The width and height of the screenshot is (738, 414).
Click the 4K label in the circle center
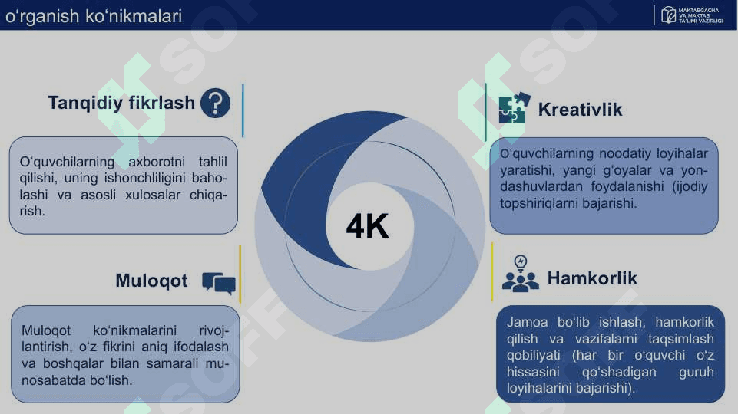point(368,226)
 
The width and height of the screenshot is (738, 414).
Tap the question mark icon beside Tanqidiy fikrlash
point(216,103)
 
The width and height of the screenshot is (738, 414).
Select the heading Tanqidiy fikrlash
point(121,103)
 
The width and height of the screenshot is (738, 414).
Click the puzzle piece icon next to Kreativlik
point(515,107)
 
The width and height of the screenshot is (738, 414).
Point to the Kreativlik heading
point(580,110)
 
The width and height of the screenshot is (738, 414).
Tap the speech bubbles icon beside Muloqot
point(219,283)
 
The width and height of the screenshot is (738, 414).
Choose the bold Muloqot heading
point(151,281)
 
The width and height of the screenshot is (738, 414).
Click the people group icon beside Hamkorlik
point(521,281)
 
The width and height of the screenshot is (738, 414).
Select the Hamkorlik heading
point(592,278)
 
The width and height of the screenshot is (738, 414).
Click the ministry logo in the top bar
point(692,15)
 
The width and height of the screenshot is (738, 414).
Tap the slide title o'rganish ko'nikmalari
point(94,16)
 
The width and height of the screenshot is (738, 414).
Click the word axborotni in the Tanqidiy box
point(157,162)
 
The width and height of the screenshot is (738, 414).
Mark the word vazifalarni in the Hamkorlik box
point(606,339)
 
